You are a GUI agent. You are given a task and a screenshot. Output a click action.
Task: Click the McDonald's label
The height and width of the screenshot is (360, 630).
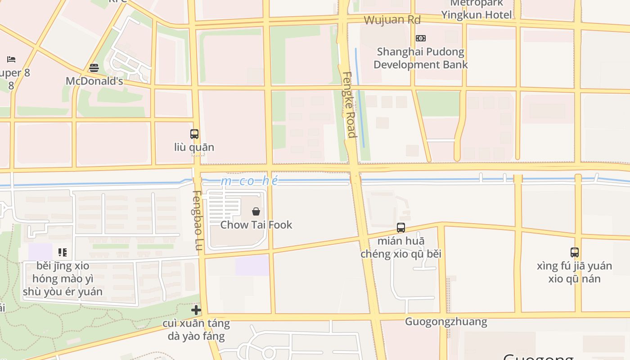94,81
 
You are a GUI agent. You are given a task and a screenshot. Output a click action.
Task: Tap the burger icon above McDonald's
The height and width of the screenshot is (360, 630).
94,68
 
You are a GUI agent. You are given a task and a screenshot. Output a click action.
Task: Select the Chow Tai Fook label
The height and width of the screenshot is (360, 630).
256,225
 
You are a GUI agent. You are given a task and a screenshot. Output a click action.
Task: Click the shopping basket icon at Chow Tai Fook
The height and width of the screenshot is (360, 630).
256,211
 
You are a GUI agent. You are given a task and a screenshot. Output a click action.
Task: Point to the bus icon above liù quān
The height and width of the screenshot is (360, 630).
194,134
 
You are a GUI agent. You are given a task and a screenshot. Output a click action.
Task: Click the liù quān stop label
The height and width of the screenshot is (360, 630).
194,147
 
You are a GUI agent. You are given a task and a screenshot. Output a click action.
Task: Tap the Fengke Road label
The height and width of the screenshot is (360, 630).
349,104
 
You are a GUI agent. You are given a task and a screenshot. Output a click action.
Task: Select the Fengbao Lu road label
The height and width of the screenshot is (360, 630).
198,220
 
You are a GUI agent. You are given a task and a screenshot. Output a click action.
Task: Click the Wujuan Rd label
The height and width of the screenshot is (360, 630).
392,20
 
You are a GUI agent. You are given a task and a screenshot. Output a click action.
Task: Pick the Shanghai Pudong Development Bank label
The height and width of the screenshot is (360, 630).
420,58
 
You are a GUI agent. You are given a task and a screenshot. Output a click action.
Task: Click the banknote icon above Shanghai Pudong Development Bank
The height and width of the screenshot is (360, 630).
421,38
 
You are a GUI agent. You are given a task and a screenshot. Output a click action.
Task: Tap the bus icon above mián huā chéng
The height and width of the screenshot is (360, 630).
401,228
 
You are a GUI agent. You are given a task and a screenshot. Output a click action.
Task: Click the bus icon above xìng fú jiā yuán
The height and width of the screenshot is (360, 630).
575,252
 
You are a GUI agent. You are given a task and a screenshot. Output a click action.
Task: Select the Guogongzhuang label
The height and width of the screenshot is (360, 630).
446,321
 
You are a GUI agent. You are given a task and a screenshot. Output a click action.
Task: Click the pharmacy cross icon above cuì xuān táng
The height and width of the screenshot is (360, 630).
196,310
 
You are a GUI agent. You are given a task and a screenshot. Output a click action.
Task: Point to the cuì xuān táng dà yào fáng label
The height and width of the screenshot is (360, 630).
196,329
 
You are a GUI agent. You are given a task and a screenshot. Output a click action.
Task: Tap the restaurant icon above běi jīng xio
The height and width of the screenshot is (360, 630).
63,252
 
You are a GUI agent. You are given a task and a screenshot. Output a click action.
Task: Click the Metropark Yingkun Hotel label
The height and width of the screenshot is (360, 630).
477,9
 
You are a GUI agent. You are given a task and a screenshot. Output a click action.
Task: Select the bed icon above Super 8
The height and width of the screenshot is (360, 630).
11,59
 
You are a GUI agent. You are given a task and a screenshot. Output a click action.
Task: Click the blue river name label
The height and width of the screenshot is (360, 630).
250,181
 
